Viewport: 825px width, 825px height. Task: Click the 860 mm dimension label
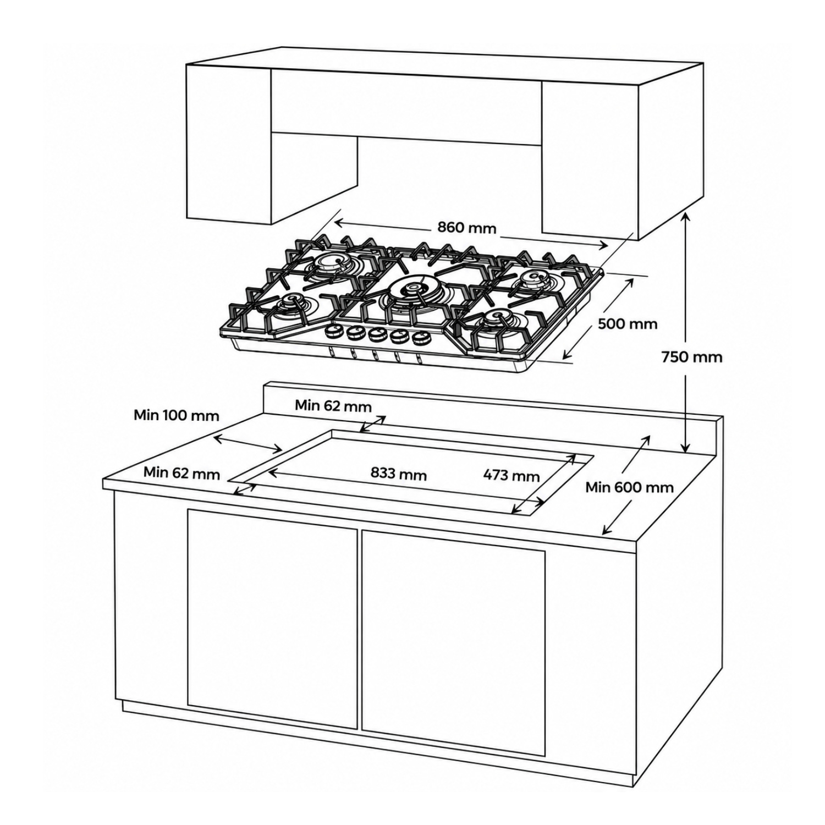pos(466,227)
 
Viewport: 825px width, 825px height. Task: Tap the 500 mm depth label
pos(628,323)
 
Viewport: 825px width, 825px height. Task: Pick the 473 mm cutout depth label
pos(511,475)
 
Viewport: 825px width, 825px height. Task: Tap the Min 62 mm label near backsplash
pos(333,406)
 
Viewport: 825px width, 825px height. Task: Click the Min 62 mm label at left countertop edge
pos(182,472)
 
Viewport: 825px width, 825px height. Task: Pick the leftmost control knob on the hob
pos(333,331)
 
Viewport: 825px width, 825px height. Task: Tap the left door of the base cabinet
pos(272,619)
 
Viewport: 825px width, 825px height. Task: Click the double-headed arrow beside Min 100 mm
pos(248,443)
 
